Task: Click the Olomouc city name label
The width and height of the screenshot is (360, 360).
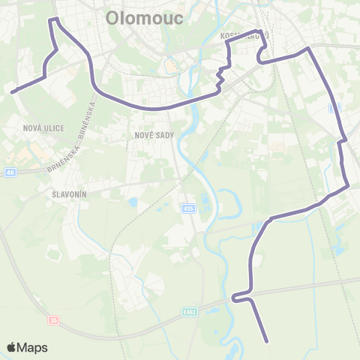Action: pyautogui.click(x=145, y=17)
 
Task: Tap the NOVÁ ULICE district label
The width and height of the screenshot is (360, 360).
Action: pyautogui.click(x=43, y=128)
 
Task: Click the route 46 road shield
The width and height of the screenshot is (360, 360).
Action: pyautogui.click(x=9, y=172)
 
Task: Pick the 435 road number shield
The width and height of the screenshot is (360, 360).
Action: pyautogui.click(x=187, y=208)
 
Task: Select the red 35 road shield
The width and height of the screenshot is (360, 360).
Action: pyautogui.click(x=53, y=319)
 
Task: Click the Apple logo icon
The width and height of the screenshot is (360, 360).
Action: pyautogui.click(x=11, y=347)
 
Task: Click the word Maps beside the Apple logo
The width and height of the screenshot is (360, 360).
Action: pyautogui.click(x=33, y=347)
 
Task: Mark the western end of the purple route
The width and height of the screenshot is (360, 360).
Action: pyautogui.click(x=13, y=91)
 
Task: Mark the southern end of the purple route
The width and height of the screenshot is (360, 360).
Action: pyautogui.click(x=267, y=341)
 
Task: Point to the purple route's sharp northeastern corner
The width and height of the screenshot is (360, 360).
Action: pyautogui.click(x=307, y=49)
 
